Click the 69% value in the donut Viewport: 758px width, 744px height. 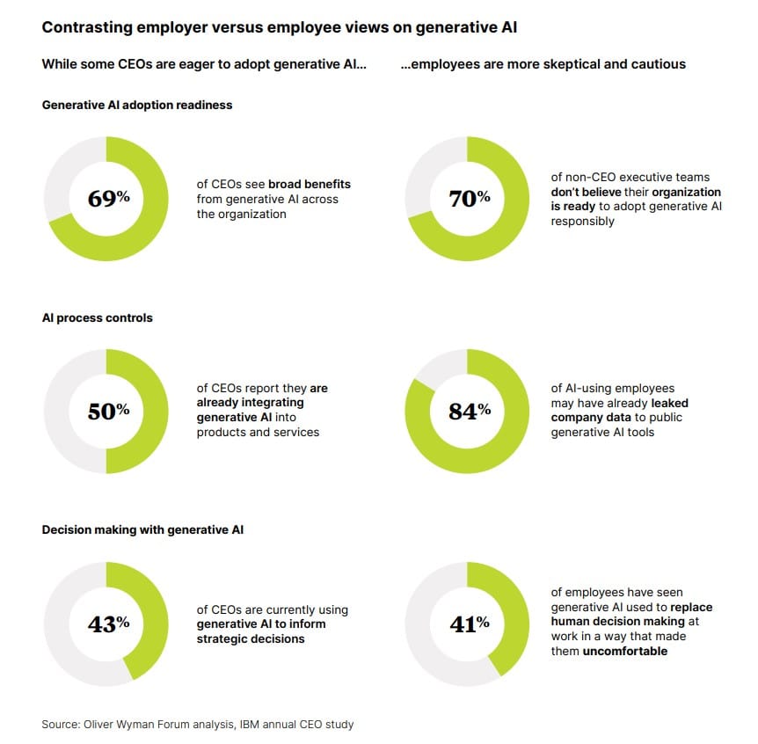pyautogui.click(x=108, y=198)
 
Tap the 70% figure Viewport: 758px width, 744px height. pyautogui.click(x=469, y=198)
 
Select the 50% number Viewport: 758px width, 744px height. pyautogui.click(x=108, y=411)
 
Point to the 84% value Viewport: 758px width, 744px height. pyautogui.click(x=469, y=411)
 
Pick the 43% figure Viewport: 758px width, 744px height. pyautogui.click(x=108, y=624)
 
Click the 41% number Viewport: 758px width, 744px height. pyautogui.click(x=469, y=624)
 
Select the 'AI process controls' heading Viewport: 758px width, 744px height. pyautogui.click(x=97, y=317)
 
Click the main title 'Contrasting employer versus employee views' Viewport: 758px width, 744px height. pyautogui.click(x=279, y=27)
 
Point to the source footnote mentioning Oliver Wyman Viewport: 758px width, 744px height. pyautogui.click(x=198, y=725)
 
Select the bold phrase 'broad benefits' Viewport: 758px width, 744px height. pyautogui.click(x=309, y=185)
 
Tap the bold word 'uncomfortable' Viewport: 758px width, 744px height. pyautogui.click(x=624, y=652)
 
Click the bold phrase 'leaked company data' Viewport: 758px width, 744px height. pyautogui.click(x=620, y=411)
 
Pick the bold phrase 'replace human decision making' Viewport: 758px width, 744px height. pyautogui.click(x=632, y=615)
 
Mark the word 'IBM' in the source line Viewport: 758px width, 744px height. pyautogui.click(x=263, y=725)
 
